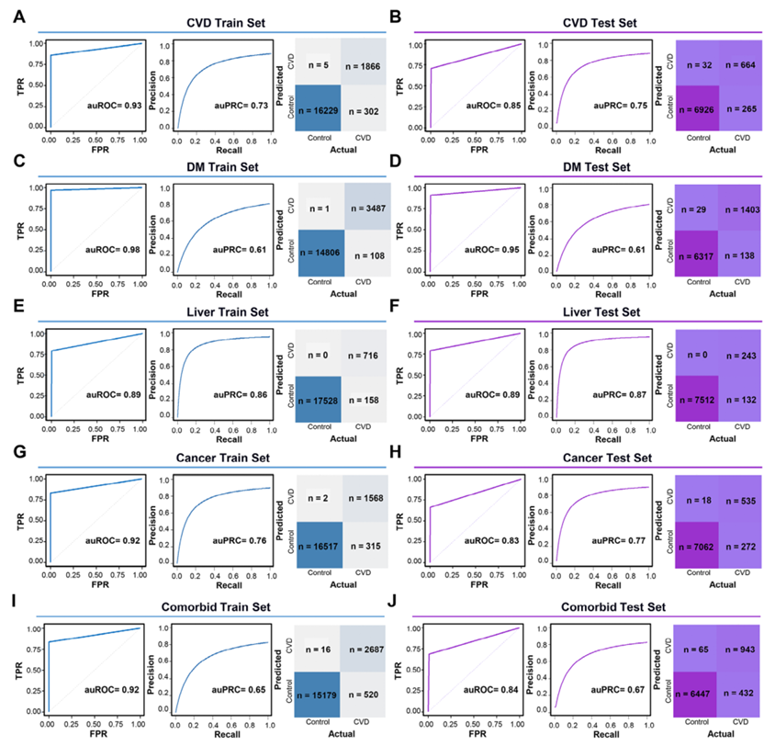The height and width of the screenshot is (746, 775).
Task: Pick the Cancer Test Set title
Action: [581, 457]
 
